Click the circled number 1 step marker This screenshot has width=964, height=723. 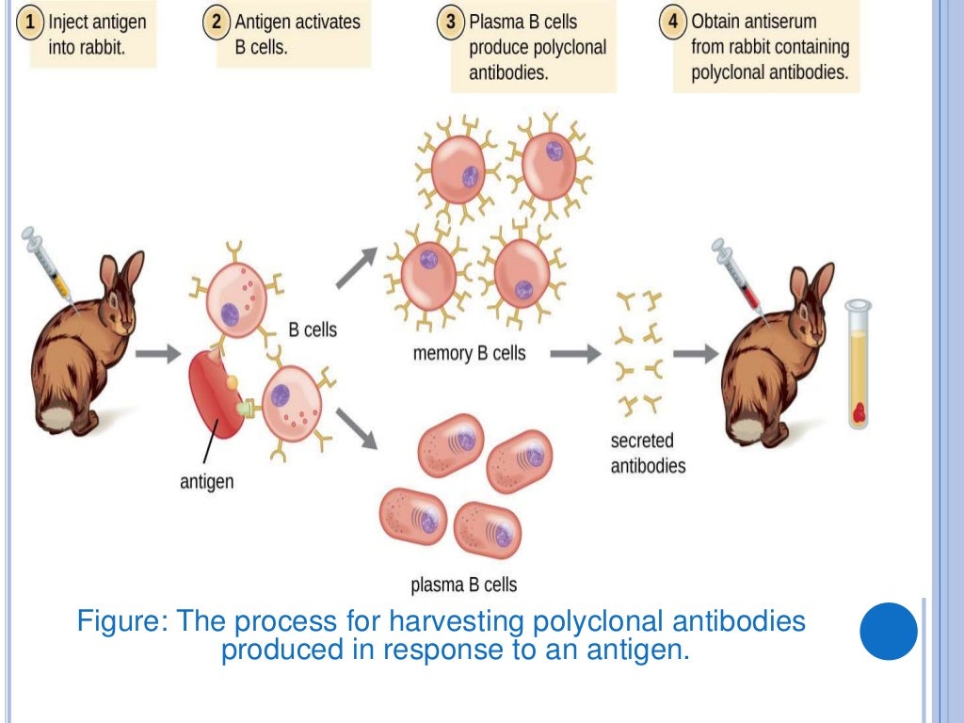[32, 22]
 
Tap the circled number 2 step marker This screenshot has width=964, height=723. [218, 22]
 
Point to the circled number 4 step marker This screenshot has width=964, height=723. [673, 22]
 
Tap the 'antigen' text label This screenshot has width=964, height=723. [206, 482]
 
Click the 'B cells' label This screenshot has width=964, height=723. [312, 330]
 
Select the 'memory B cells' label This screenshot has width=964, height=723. [469, 354]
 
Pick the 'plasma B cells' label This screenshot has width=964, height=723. [463, 585]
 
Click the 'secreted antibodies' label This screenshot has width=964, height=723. [648, 453]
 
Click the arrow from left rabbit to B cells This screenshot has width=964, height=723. [156, 355]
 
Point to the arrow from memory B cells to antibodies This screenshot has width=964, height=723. [574, 354]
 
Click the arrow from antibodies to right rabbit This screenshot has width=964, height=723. [695, 354]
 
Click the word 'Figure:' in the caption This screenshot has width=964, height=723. [120, 622]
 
